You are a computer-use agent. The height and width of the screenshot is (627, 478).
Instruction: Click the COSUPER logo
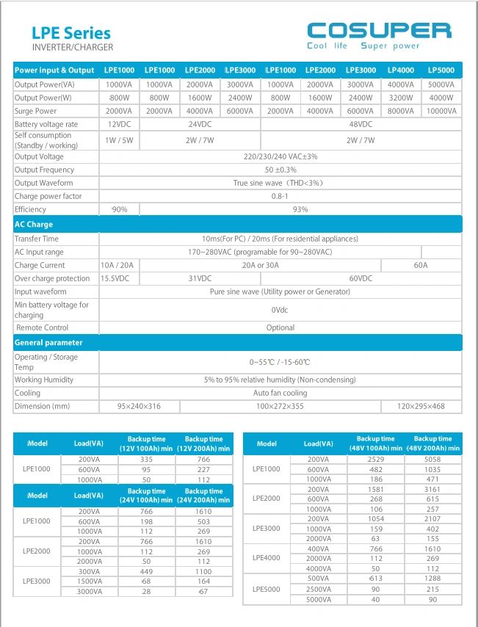[x=378, y=31]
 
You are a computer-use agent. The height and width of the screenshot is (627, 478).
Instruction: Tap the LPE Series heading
[x=71, y=33]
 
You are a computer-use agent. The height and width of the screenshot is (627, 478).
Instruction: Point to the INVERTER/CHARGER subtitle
[x=73, y=48]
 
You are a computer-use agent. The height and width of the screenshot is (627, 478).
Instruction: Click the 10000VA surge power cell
[x=441, y=111]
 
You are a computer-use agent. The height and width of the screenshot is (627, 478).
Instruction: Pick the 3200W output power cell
[x=400, y=98]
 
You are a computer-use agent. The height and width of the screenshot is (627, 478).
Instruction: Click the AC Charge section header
[x=35, y=225]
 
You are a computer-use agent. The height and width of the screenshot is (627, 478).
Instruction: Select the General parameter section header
[x=48, y=343]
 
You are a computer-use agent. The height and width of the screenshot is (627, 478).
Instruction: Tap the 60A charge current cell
[x=421, y=265]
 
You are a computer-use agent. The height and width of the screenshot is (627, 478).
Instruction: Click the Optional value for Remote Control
[x=280, y=327]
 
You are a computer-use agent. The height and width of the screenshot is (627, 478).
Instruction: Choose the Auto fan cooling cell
[x=280, y=393]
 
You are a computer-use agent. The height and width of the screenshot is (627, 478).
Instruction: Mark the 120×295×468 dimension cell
[x=421, y=406]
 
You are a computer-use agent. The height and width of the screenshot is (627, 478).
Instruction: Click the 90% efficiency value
[x=119, y=209]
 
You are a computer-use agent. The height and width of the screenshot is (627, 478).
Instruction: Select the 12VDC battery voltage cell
[x=119, y=124]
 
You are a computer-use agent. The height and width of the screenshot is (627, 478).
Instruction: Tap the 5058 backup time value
[x=432, y=459]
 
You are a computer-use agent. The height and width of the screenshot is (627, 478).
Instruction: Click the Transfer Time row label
[x=37, y=239]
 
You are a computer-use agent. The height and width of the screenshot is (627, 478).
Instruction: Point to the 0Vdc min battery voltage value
[x=280, y=310]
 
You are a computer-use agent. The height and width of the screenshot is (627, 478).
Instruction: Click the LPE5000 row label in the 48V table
[x=267, y=588]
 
